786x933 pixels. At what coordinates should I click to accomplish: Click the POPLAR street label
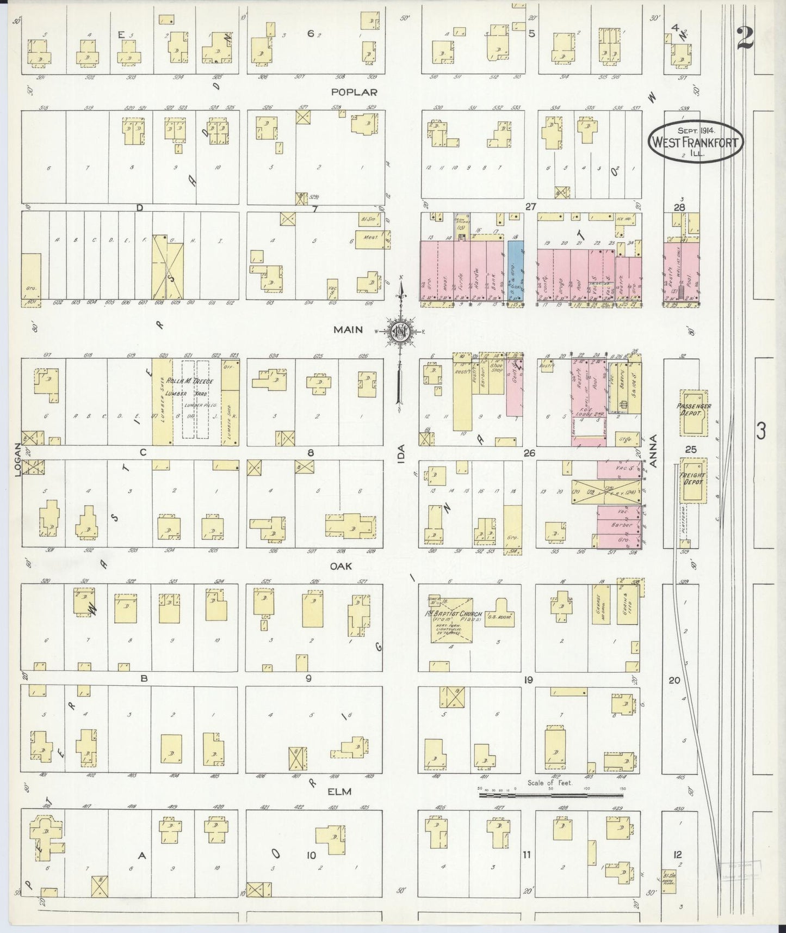[354, 93]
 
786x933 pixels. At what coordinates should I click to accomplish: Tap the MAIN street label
[348, 330]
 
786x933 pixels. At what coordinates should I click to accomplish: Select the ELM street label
[339, 791]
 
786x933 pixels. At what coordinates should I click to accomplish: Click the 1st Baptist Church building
[451, 619]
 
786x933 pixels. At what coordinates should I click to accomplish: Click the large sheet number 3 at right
[760, 432]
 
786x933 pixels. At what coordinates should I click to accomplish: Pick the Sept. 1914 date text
[696, 131]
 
